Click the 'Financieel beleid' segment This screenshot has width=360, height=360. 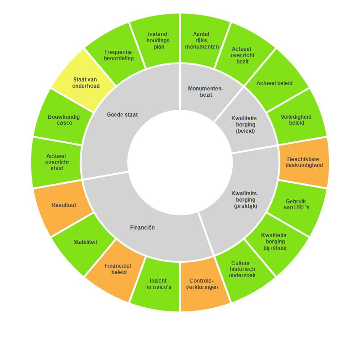116,269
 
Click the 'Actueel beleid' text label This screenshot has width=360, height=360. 274,83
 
